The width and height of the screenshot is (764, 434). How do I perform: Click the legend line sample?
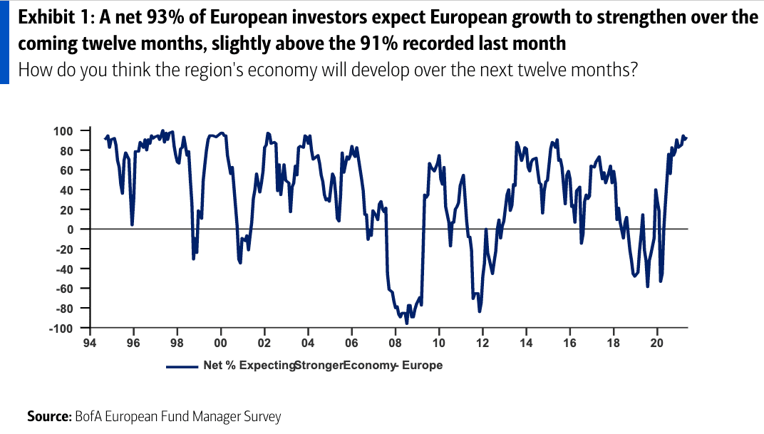pos(182,366)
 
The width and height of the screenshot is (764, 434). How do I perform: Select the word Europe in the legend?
pos(424,366)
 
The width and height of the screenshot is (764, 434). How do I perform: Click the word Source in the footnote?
pos(48,416)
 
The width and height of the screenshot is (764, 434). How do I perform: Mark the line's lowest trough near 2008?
pos(407,324)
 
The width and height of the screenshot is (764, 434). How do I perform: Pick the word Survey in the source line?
pos(262,416)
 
